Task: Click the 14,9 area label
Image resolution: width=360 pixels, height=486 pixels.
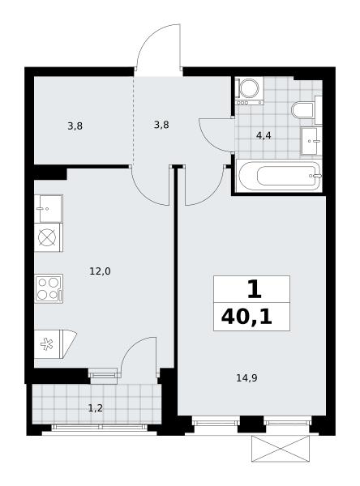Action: tap(246, 378)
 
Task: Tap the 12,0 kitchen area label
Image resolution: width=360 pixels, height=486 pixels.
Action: tap(100, 271)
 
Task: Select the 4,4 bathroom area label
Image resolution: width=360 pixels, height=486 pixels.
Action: tap(264, 135)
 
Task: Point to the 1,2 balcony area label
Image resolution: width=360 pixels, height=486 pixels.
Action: tap(96, 408)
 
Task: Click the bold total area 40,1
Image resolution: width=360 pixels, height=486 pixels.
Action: tap(246, 318)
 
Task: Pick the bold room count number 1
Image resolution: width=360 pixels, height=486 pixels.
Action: tap(255, 289)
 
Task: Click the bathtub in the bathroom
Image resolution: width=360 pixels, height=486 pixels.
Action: tap(279, 176)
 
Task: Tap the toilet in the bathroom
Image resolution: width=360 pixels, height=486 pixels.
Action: tap(306, 110)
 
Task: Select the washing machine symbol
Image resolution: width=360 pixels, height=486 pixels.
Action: tap(249, 91)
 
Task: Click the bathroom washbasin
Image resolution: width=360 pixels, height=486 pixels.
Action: tap(311, 141)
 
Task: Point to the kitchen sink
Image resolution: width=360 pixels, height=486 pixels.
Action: tap(49, 209)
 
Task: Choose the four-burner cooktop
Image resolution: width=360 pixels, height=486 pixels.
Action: tap(49, 288)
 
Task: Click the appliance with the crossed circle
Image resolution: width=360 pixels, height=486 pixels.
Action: tap(49, 237)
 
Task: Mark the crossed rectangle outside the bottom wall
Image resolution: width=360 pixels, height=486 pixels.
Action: tap(281, 449)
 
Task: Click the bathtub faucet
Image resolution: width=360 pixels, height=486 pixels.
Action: tap(316, 176)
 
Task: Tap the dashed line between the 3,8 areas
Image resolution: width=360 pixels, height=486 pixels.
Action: tap(134, 120)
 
